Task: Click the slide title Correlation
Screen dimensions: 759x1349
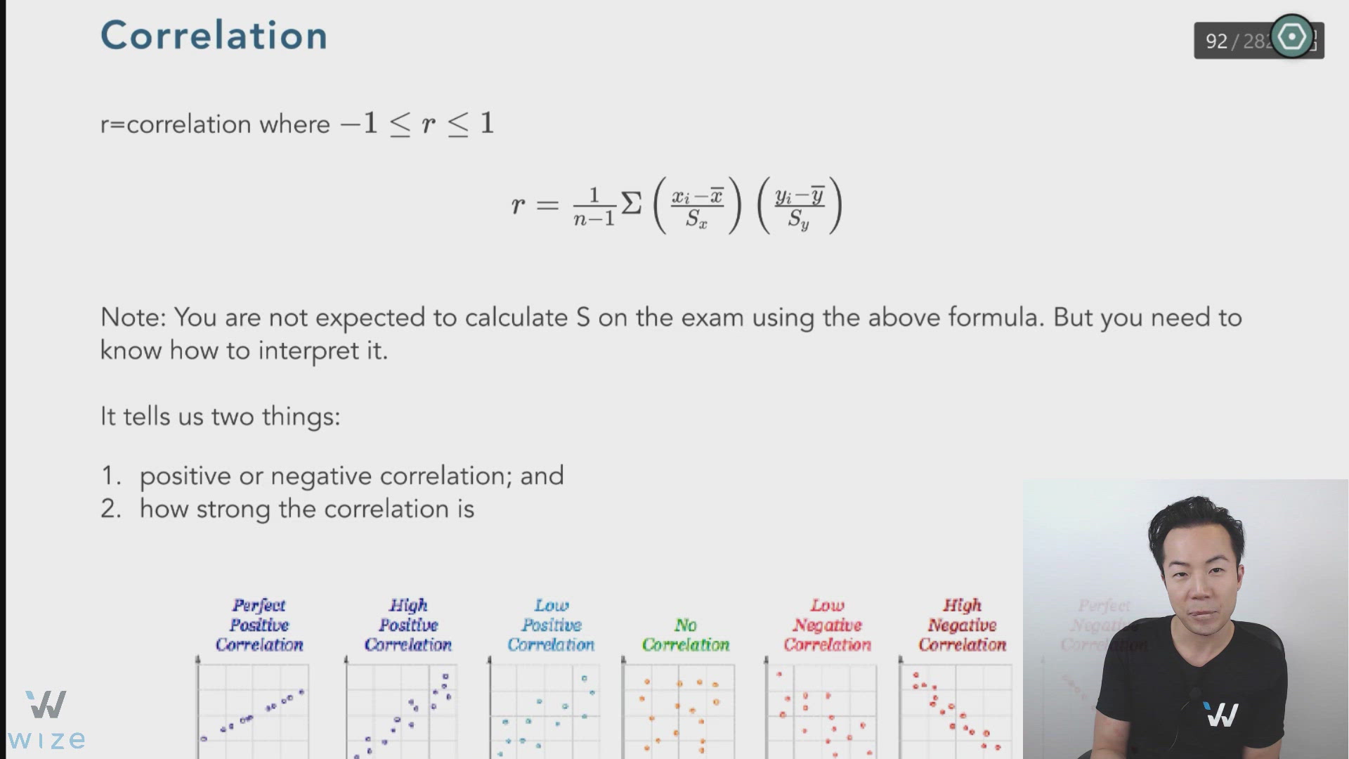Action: [214, 35]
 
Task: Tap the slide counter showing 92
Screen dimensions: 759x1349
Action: [1216, 41]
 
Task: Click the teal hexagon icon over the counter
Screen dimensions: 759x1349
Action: [1291, 37]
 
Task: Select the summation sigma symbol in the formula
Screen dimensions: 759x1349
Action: [631, 205]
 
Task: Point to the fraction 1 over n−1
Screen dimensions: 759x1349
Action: [594, 207]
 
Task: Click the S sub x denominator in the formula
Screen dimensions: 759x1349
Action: [696, 220]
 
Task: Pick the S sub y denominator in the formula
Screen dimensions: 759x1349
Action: [799, 220]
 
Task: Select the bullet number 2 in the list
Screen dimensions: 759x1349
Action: [110, 509]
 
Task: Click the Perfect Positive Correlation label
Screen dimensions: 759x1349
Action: [259, 625]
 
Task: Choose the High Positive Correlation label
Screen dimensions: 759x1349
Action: [408, 625]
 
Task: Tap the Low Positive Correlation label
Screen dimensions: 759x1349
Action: [551, 625]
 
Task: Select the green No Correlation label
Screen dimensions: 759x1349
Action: [686, 635]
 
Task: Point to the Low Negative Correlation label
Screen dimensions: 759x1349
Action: [827, 625]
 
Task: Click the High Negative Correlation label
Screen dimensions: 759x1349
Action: [962, 625]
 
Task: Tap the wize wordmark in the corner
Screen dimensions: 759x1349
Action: [46, 740]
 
